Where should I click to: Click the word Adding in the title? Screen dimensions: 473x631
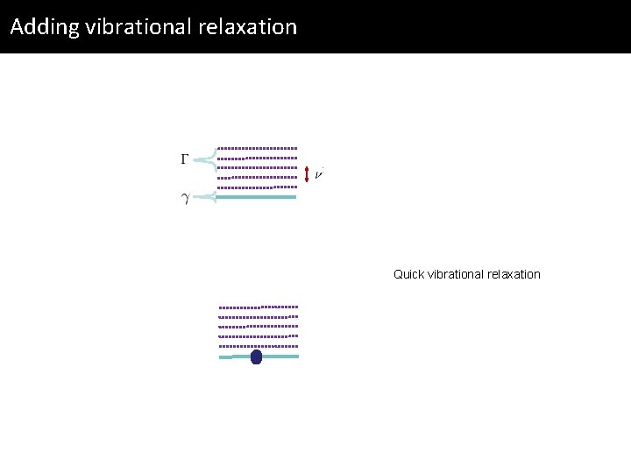point(45,27)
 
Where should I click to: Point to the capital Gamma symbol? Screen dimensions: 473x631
point(185,159)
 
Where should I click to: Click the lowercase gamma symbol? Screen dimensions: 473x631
point(185,198)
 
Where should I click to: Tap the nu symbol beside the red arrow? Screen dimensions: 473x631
point(319,174)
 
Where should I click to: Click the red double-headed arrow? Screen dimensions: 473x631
point(307,174)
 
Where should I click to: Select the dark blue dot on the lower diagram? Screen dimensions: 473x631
point(256,357)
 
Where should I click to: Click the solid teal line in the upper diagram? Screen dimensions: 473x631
point(256,197)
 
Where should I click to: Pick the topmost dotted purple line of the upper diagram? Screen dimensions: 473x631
point(258,148)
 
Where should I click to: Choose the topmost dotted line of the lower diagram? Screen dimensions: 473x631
point(259,307)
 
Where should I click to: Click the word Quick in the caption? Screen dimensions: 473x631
point(408,274)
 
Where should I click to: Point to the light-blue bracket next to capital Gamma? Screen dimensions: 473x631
point(205,159)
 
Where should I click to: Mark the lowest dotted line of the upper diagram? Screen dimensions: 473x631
point(258,187)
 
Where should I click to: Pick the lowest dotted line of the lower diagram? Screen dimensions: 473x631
point(259,346)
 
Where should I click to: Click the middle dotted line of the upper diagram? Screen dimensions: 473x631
point(258,167)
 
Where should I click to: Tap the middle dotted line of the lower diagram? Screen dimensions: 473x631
point(259,327)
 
